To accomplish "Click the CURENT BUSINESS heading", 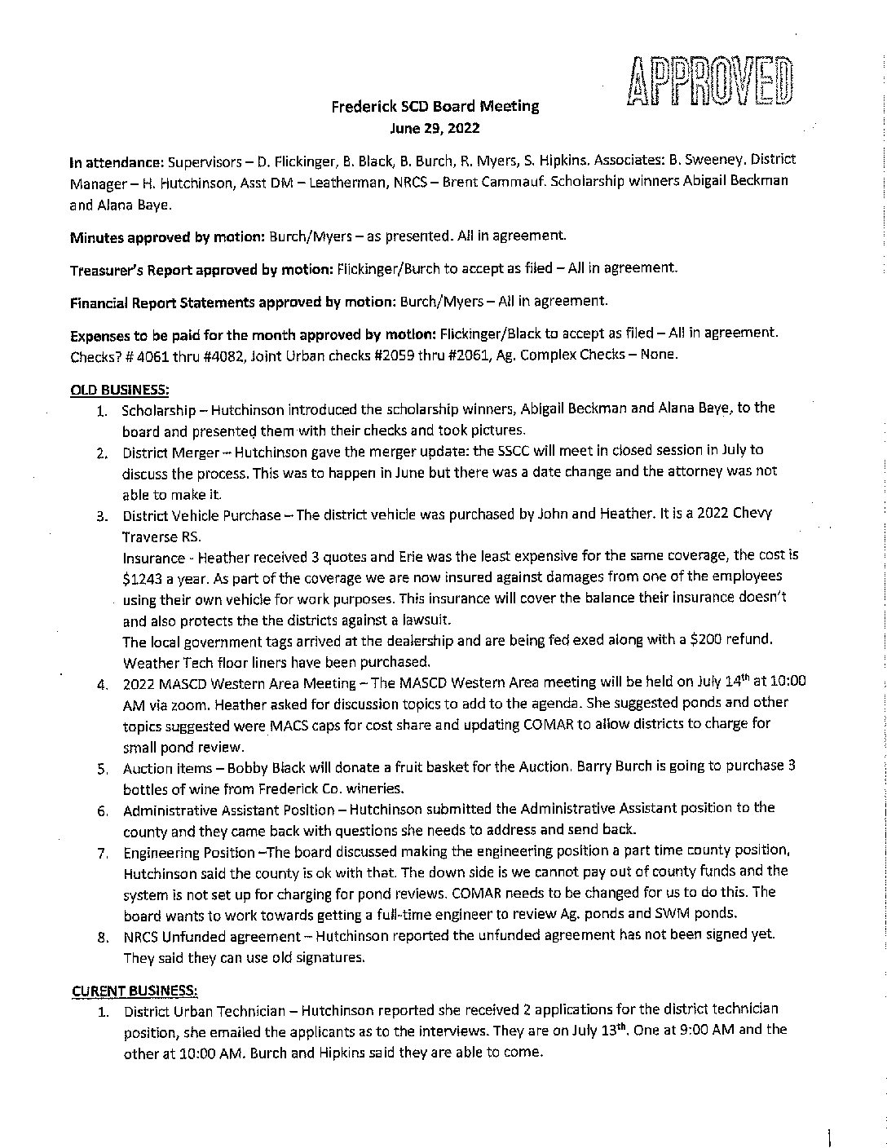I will (x=134, y=990).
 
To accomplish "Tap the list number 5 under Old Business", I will (x=102, y=769).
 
